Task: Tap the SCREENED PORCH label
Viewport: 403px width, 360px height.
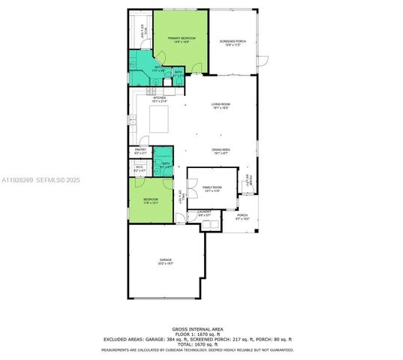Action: coord(231,43)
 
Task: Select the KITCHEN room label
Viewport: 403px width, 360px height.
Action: coord(159,99)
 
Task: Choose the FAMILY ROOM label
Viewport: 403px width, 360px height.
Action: coord(212,188)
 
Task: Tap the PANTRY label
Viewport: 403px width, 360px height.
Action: coord(140,151)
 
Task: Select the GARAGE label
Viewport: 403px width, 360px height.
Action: coord(166,260)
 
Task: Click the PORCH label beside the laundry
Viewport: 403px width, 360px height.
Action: coord(241,217)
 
